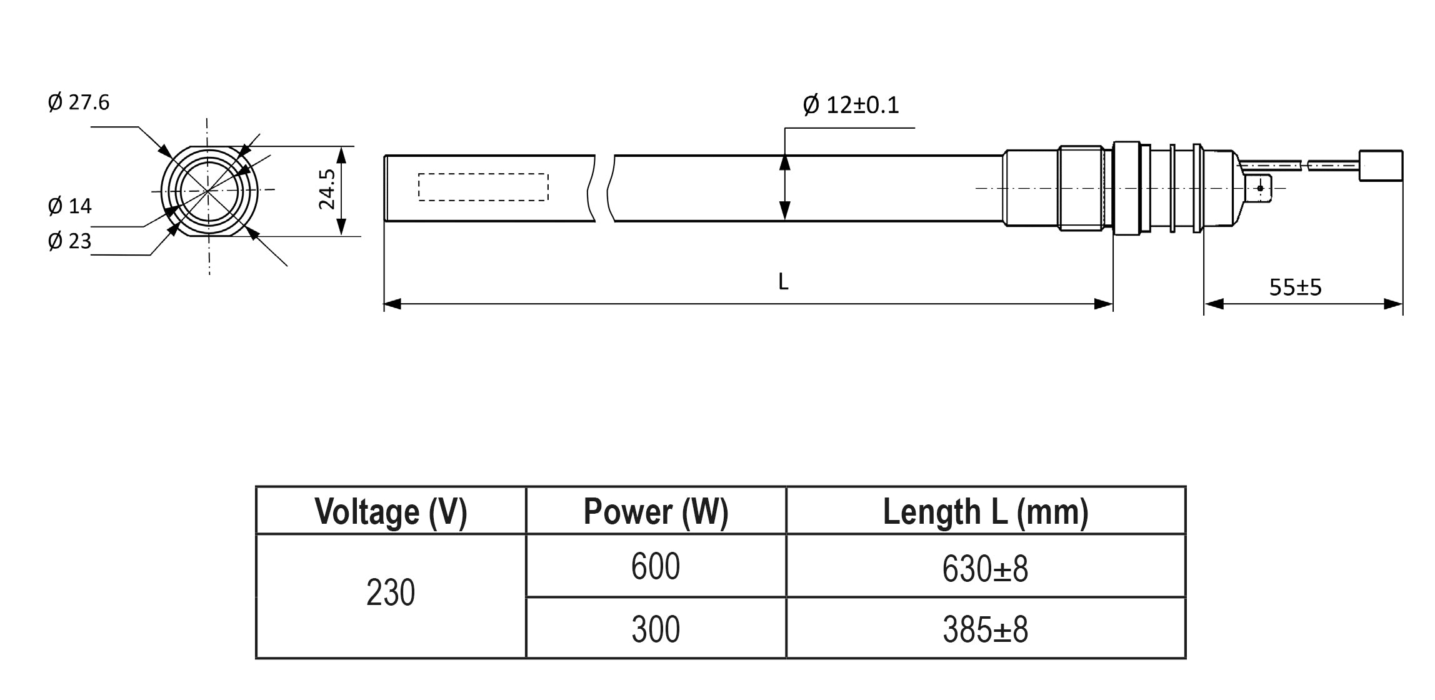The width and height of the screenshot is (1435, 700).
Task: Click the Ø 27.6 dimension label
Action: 79,102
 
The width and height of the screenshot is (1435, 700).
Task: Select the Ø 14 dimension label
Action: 70,206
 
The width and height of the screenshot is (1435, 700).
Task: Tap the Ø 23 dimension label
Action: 70,241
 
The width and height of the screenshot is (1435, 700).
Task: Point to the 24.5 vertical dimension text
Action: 327,189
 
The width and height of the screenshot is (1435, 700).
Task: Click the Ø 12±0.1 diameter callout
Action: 851,105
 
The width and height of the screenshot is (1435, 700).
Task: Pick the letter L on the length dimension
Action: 783,282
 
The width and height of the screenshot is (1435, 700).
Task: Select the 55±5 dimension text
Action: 1295,287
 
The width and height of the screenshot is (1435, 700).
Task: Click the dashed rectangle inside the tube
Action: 483,187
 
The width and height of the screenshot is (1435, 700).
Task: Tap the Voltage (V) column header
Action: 391,511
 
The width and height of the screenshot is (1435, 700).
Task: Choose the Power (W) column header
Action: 656,511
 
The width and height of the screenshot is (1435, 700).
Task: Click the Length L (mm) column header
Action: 985,511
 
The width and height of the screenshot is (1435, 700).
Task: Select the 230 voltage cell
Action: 391,592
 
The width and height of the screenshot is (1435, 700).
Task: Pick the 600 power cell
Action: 656,566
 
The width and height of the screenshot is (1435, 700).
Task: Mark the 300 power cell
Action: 656,629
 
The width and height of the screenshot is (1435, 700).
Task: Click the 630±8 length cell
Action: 985,569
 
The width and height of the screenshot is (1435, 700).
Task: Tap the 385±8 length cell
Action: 985,629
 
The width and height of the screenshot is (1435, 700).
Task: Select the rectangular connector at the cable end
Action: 1381,166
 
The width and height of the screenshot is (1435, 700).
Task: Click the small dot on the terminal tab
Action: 1261,188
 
